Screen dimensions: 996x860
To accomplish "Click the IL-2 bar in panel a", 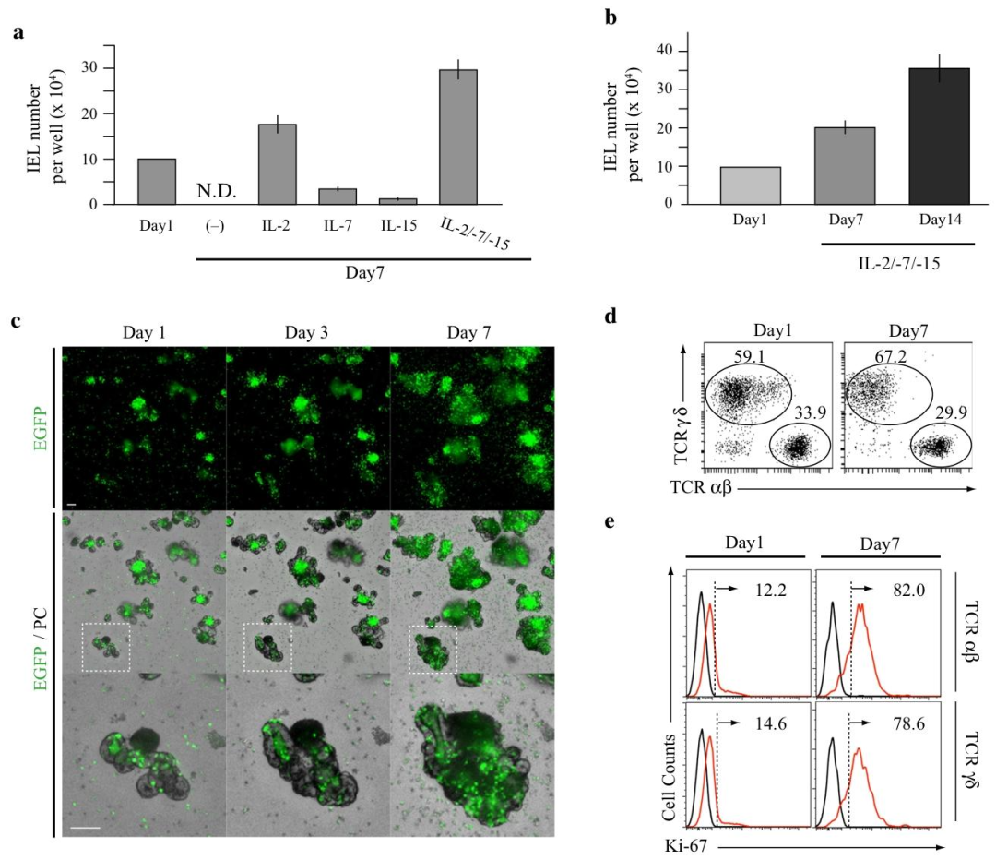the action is [x=277, y=164].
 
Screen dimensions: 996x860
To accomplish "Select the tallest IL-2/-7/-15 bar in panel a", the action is [x=458, y=137].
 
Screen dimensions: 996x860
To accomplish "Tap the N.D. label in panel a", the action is [x=217, y=190].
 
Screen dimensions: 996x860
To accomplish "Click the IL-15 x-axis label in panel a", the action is [x=399, y=225].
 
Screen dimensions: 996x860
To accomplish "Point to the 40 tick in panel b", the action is [x=664, y=50].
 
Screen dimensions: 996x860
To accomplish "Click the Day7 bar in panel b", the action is [x=844, y=166].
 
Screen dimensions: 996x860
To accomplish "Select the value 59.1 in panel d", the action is [x=749, y=356].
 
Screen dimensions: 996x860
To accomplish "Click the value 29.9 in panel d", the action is [x=951, y=412].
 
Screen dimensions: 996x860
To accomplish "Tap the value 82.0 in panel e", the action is [x=909, y=590].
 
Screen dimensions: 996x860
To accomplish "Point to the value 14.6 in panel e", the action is [x=770, y=723].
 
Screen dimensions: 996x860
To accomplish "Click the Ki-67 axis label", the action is [x=686, y=847].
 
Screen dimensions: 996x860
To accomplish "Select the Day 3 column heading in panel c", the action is [x=306, y=332].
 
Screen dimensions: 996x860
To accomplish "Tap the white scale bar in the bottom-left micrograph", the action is [x=85, y=829].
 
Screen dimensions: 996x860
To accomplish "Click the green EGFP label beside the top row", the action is [x=41, y=428].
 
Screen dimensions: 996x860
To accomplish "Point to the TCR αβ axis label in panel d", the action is [x=701, y=487].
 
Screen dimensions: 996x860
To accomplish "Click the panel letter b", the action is [x=611, y=17].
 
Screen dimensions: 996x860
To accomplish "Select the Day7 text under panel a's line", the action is [x=364, y=273].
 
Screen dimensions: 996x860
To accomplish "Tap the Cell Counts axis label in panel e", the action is [x=669, y=777].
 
